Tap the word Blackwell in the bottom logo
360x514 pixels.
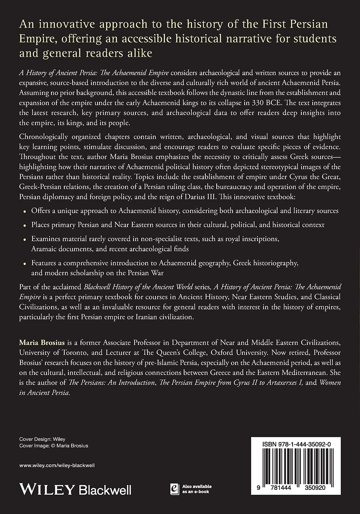point(105,490)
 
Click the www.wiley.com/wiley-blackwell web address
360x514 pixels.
point(57,465)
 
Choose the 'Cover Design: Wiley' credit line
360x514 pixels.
point(42,439)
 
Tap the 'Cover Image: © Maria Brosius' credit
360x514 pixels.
point(54,446)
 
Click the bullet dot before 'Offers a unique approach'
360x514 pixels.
point(25,211)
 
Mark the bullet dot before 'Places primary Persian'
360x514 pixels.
point(25,225)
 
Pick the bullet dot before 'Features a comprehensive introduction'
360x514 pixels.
point(25,263)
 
